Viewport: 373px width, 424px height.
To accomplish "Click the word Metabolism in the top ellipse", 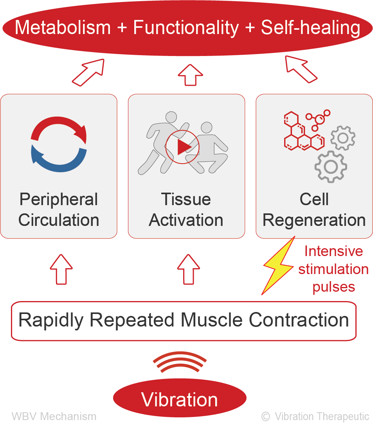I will pos(63,28).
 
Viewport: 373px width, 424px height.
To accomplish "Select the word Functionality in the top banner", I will pos(186,28).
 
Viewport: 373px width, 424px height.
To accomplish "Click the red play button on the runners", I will pos(182,147).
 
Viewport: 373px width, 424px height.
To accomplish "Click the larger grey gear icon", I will pos(331,167).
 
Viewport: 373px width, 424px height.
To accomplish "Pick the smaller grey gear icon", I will pos(343,138).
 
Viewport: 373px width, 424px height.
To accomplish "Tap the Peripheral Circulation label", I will pos(59,210).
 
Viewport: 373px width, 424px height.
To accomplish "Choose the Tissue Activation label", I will pos(186,210).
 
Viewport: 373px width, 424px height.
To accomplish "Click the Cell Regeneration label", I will pos(314,210).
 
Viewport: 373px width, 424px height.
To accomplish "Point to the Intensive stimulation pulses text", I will pos(333,269).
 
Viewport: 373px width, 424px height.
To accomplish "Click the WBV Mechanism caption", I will pos(54,416).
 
